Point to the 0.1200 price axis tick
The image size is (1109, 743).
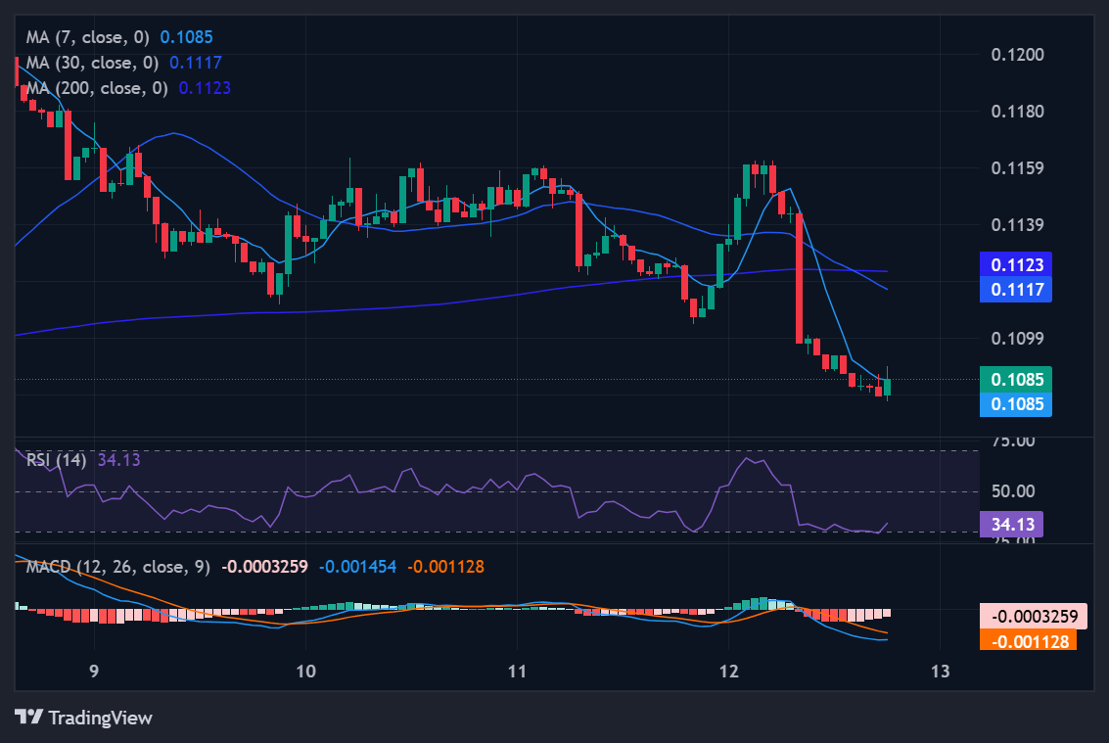[1017, 54]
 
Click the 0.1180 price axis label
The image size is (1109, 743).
[1017, 111]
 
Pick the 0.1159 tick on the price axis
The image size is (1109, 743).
[1017, 167]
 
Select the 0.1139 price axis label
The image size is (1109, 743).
[1017, 225]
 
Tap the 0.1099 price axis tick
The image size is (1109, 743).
[1017, 339]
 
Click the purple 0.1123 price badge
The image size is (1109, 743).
[1017, 264]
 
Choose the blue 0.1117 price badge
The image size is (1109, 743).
[1017, 289]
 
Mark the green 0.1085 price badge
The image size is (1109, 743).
[1017, 379]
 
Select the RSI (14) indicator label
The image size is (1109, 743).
[57, 459]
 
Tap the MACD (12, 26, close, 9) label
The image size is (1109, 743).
[117, 566]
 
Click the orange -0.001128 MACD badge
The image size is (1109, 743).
[1028, 641]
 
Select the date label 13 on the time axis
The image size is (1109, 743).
[940, 672]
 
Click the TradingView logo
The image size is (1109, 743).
[84, 718]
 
